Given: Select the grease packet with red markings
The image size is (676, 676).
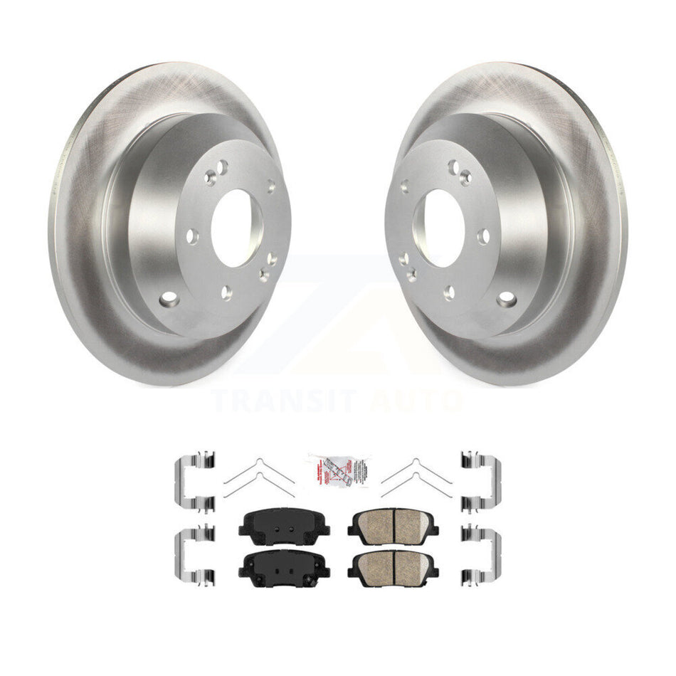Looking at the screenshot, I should point(339,470).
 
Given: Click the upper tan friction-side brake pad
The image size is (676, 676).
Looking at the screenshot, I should point(393,527).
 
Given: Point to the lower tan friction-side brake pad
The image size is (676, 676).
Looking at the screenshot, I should point(393,566).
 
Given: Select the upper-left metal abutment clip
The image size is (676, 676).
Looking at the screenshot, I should point(194,482).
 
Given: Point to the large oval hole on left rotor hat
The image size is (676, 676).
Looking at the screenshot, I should point(168,300).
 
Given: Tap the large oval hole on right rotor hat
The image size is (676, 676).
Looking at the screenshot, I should point(507,298).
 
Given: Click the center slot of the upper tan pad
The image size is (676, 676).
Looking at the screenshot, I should point(394,525).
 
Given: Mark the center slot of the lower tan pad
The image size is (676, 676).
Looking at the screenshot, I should point(394,566).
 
